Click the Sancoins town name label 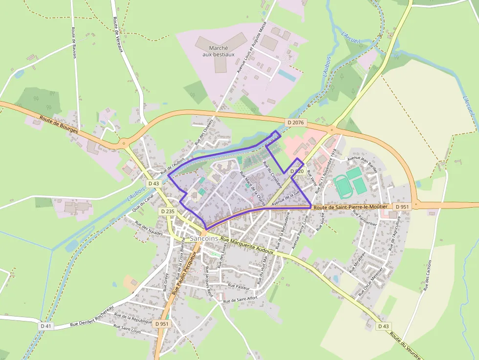203,238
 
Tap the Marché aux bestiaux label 218,51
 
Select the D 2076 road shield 296,122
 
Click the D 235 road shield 168,212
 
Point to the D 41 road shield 45,325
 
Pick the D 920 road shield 297,171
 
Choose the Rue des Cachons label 429,276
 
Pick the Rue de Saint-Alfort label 240,299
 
